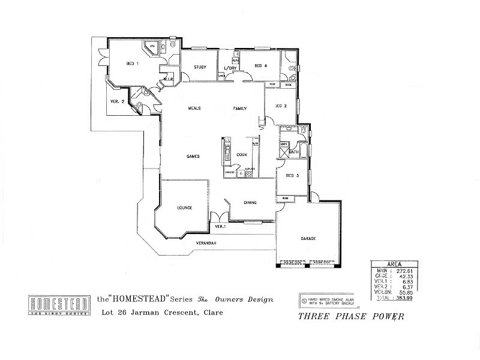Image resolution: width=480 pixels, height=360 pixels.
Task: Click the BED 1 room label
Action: point(133,63)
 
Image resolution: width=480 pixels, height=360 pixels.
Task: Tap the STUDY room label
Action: point(200,67)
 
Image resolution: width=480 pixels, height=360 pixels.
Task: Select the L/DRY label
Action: point(231,67)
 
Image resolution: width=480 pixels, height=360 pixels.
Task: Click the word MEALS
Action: point(194,108)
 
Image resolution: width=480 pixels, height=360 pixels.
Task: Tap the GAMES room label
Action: point(192,156)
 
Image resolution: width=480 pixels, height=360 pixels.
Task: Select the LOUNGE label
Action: point(184,208)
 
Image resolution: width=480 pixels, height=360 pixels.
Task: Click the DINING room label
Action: point(250,202)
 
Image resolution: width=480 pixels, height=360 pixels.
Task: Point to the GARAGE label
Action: point(308,238)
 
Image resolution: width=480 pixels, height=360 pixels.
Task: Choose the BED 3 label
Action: point(292,175)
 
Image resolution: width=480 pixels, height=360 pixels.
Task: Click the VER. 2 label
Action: point(117,101)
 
